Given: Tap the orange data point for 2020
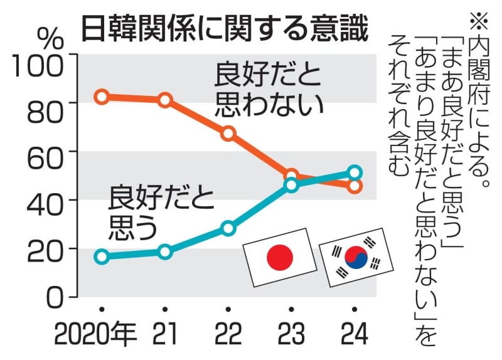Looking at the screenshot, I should coord(102,97).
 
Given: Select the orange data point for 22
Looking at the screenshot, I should coord(228,133).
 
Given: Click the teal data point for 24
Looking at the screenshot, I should coord(355,172).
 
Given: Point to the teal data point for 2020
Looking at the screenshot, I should coord(102,257).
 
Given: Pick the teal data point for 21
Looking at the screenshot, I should coord(165,251).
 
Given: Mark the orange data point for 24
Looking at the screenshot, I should coord(355,186).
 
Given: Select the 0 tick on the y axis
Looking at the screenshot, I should coord(55,295).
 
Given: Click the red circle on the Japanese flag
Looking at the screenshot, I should coord(280,257).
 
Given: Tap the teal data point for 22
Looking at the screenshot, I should coord(228,228).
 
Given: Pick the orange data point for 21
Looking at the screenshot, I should coord(165,100).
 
